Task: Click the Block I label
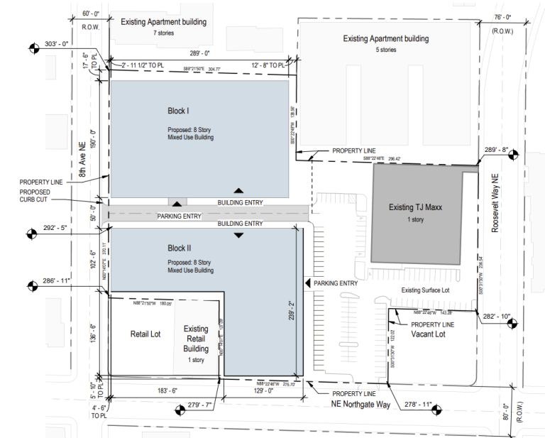(x=177, y=111)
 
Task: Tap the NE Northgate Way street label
(x=361, y=403)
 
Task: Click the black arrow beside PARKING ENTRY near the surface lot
(x=307, y=283)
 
